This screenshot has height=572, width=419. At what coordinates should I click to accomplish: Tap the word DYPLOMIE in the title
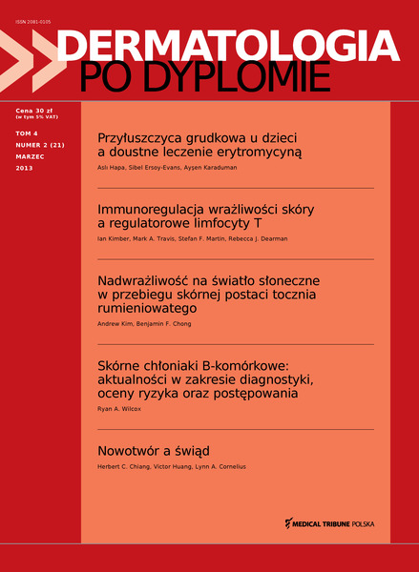click(x=252, y=77)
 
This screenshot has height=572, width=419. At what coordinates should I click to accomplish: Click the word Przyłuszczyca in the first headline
click(x=141, y=135)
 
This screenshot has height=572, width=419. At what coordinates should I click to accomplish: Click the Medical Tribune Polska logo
click(x=330, y=523)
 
